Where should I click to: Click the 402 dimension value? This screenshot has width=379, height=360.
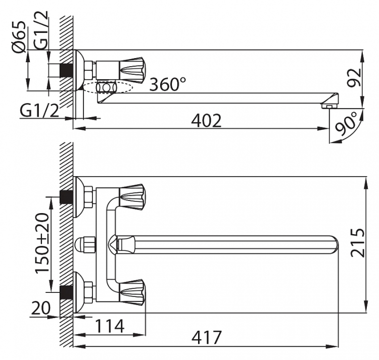tap(206, 121)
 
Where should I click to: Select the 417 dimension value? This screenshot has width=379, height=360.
tap(206, 338)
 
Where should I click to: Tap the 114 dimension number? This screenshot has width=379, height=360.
tap(110, 326)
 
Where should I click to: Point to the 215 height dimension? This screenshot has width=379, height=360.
tap(357, 242)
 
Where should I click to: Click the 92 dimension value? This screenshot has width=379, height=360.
tap(354, 77)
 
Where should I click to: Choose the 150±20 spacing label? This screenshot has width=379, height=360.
tap(42, 243)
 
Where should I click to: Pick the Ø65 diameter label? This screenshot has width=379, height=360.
tap(18, 37)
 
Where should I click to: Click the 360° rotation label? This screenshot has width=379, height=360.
tap(167, 84)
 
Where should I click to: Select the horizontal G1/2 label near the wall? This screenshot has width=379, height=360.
tap(39, 111)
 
